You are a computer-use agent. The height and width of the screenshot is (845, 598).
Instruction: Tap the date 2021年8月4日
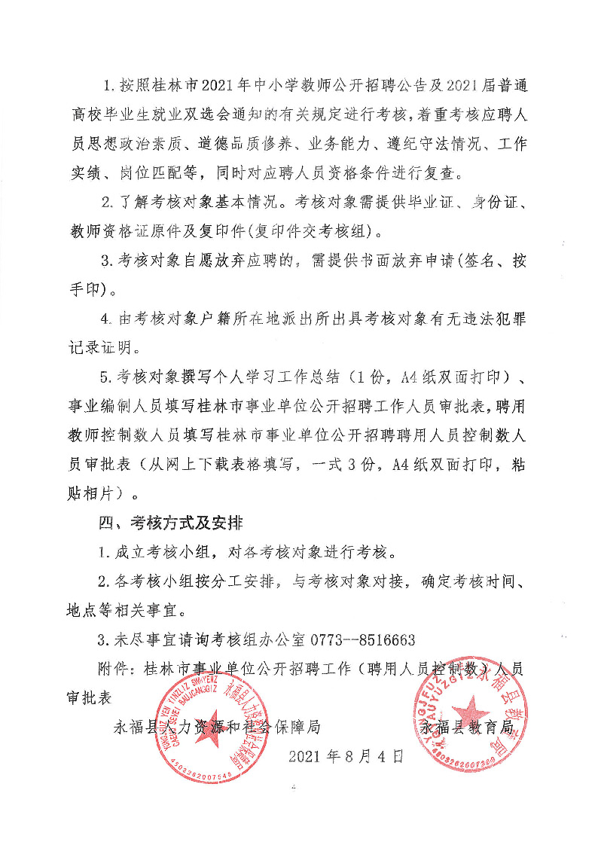click(x=346, y=755)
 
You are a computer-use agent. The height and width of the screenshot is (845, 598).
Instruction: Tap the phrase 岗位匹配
click(x=151, y=172)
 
